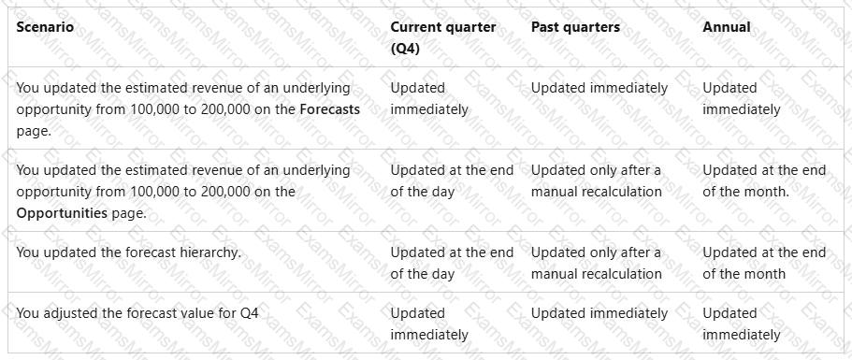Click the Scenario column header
(45, 27)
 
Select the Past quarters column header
(575, 27)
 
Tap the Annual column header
(727, 27)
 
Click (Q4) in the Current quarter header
(405, 49)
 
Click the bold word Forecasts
(330, 109)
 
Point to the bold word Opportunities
(62, 213)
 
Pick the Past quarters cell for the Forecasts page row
(599, 88)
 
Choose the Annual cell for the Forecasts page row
(741, 98)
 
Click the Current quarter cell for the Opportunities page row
(452, 180)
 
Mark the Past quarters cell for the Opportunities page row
(596, 180)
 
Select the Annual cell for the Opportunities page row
(764, 180)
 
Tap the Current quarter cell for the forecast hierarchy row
(452, 264)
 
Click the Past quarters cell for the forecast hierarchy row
(596, 264)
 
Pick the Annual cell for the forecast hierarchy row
(764, 264)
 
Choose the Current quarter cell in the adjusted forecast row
(428, 324)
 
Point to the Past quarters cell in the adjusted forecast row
(599, 313)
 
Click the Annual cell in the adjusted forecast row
(741, 324)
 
